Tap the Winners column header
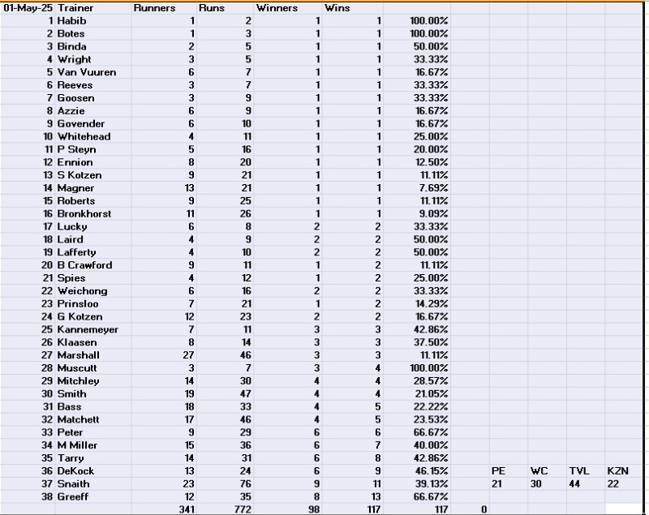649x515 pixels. point(277,7)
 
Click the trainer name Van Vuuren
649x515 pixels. point(86,72)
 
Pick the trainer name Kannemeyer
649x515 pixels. point(87,329)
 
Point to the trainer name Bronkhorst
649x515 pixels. point(84,213)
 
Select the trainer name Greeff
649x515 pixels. point(73,496)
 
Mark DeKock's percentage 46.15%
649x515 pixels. point(430,470)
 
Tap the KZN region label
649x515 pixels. point(618,470)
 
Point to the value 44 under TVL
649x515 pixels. point(578,483)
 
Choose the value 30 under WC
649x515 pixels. point(538,483)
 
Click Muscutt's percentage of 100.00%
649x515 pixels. point(429,367)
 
